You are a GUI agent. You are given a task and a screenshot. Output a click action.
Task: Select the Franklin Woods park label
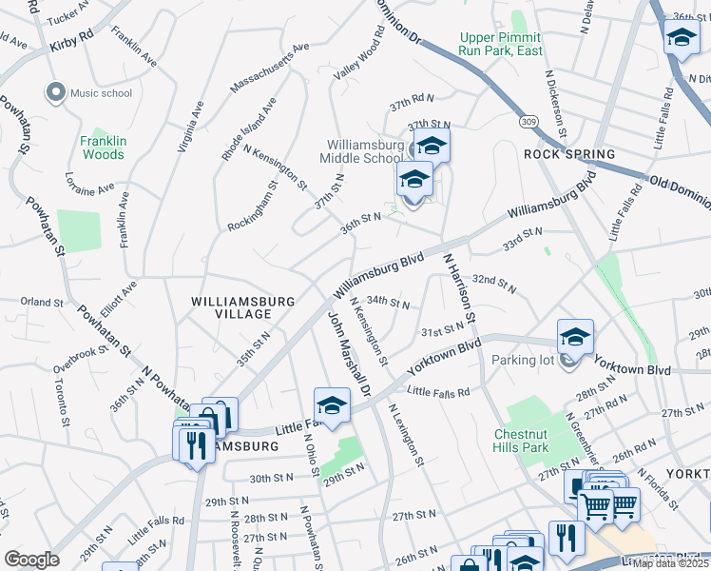[x=103, y=148]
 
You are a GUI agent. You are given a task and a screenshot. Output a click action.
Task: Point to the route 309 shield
[x=529, y=121]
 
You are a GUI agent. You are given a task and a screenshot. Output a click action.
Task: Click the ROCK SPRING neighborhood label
[x=569, y=153]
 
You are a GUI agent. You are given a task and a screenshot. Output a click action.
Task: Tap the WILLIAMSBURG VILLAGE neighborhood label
[x=244, y=306]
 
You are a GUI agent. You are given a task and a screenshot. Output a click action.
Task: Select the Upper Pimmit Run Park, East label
[x=501, y=44]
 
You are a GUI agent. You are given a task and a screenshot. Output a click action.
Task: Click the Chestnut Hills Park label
[x=521, y=441]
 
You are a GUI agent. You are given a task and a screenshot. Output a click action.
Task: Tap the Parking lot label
[x=526, y=361]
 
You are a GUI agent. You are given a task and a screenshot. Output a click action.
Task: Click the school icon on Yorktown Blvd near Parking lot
[x=575, y=338]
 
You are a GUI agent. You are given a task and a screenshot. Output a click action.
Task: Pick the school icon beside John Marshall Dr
[x=332, y=406]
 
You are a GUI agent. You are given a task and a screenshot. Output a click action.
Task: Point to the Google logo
[x=31, y=559]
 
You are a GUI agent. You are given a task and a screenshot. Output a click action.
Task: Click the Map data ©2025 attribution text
[x=671, y=563]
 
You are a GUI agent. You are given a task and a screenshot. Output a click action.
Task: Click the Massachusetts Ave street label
[x=270, y=69]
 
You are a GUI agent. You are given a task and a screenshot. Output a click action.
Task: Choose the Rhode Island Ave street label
[x=249, y=128]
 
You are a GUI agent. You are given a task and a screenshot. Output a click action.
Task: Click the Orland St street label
[x=42, y=302]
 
